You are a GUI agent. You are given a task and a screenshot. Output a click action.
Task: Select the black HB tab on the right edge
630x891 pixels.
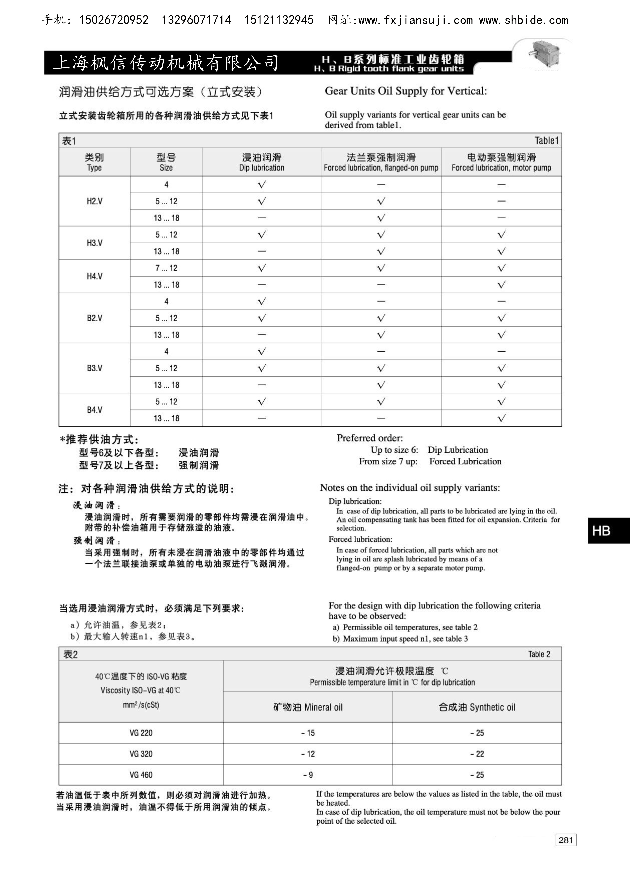tap(608, 531)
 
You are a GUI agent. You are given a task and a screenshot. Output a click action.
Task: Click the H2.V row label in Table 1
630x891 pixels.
tap(94, 201)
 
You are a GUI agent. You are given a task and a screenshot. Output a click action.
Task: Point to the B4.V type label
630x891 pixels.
tap(94, 410)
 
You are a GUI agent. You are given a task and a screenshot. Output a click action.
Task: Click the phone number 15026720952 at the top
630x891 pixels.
tap(113, 20)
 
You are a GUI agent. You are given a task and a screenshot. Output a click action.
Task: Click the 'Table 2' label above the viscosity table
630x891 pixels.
tap(539, 654)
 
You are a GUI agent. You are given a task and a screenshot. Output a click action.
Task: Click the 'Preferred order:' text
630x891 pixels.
tap(370, 438)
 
